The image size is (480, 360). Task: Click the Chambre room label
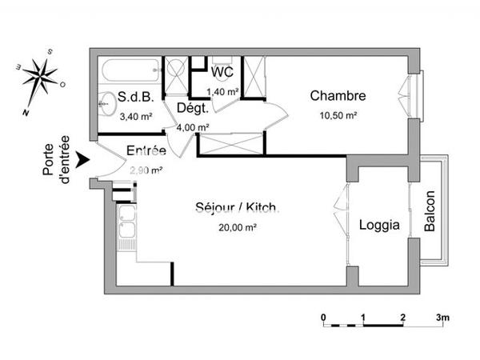[x=338, y=97]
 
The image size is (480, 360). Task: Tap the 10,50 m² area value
[x=339, y=115]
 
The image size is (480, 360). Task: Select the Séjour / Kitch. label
[x=237, y=208]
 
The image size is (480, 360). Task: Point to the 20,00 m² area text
[x=238, y=227]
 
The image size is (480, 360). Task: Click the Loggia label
[x=378, y=226]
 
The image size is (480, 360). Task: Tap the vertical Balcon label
[x=430, y=211]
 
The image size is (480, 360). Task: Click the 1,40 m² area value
[x=223, y=92]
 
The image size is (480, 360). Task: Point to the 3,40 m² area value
[x=135, y=116]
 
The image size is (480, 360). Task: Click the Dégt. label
[x=192, y=108]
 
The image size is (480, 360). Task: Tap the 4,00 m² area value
[x=193, y=126]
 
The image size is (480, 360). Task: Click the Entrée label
[x=146, y=150]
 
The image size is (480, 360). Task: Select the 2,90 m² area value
[x=146, y=170]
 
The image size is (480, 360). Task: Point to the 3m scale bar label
[x=442, y=318]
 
